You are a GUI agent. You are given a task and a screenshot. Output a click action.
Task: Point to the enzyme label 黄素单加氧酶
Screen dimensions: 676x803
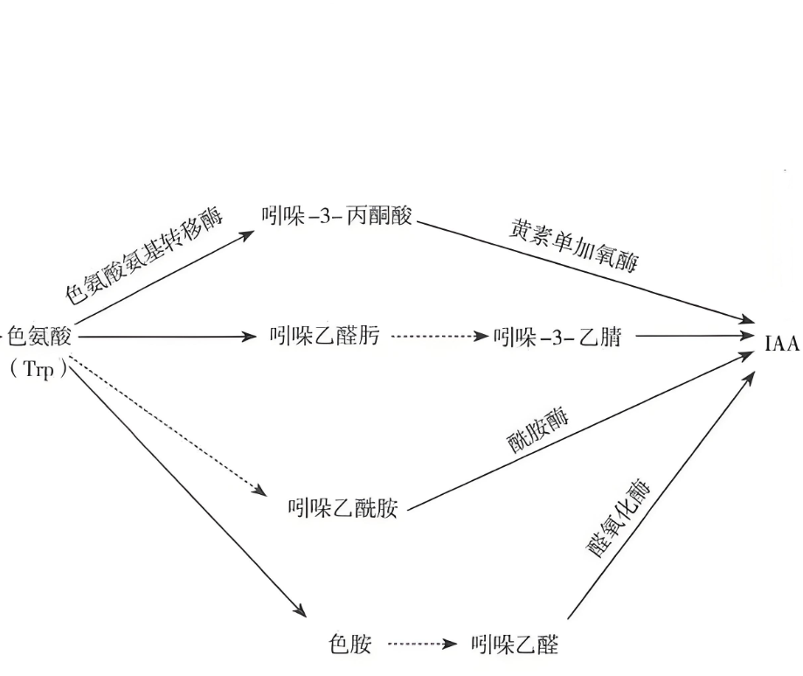pyautogui.click(x=573, y=247)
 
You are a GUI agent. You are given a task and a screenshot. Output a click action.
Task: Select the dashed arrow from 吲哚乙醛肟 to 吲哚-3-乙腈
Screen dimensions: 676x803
pyautogui.click(x=437, y=336)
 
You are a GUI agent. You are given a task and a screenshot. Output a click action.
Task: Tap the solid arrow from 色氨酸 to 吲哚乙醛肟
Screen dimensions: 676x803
pyautogui.click(x=166, y=336)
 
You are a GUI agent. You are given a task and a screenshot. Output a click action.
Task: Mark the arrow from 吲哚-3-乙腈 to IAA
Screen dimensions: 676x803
pyautogui.click(x=695, y=336)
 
